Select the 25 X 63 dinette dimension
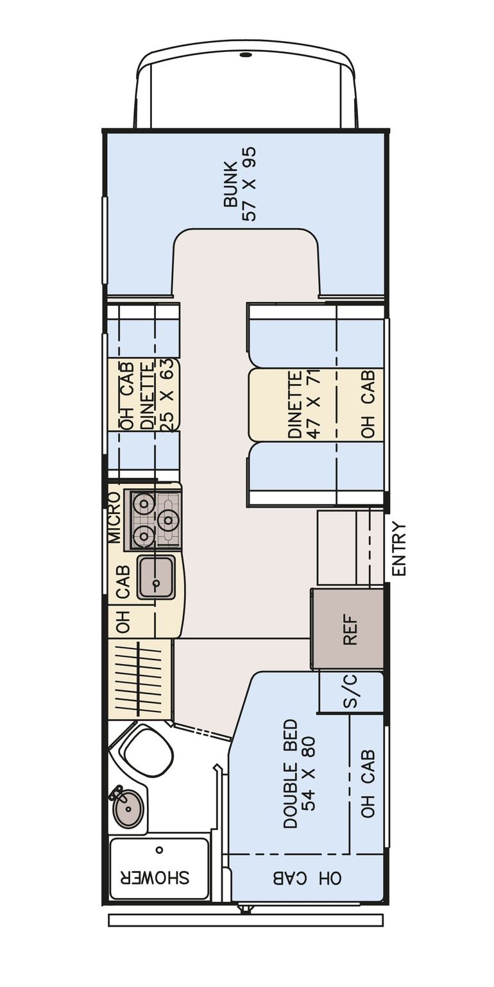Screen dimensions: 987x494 tap(171, 396)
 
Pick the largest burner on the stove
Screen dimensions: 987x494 tap(169, 519)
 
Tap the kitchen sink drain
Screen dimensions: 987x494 tap(155, 585)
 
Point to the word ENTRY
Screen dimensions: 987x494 tap(399, 549)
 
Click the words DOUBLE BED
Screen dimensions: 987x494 tap(290, 773)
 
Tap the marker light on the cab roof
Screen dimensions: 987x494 tap(244, 56)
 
